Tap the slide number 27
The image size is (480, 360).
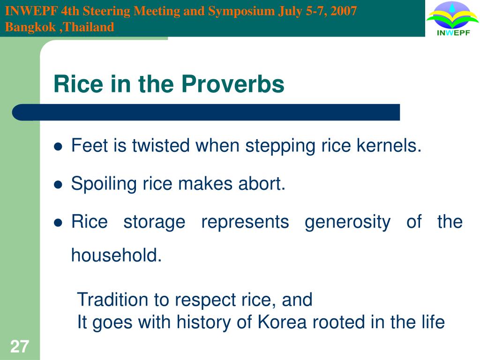20,347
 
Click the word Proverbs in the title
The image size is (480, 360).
233,84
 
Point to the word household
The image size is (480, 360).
116,256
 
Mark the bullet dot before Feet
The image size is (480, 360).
59,147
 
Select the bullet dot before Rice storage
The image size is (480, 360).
59,223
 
